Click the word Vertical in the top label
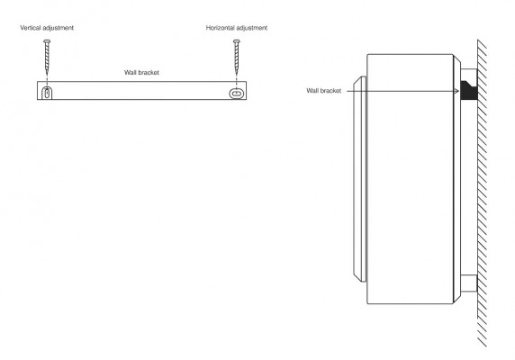pyautogui.click(x=31, y=28)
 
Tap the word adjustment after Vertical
pyautogui.click(x=59, y=28)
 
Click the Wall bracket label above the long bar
pyautogui.click(x=141, y=73)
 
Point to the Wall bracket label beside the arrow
pyautogui.click(x=324, y=91)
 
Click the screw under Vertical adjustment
pyautogui.click(x=47, y=57)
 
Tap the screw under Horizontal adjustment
pyautogui.click(x=237, y=57)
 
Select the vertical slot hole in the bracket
pyautogui.click(x=48, y=93)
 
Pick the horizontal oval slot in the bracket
pyautogui.click(x=237, y=94)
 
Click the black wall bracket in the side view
pyautogui.click(x=468, y=90)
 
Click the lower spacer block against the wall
pyautogui.click(x=469, y=283)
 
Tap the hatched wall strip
pyautogui.click(x=482, y=193)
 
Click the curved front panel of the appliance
pyautogui.click(x=359, y=179)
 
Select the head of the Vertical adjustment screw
pyautogui.click(x=47, y=41)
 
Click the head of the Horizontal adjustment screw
pyautogui.click(x=237, y=41)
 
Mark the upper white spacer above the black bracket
pyautogui.click(x=469, y=75)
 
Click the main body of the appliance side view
pyautogui.click(x=410, y=179)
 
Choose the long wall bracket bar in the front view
pyautogui.click(x=142, y=90)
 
